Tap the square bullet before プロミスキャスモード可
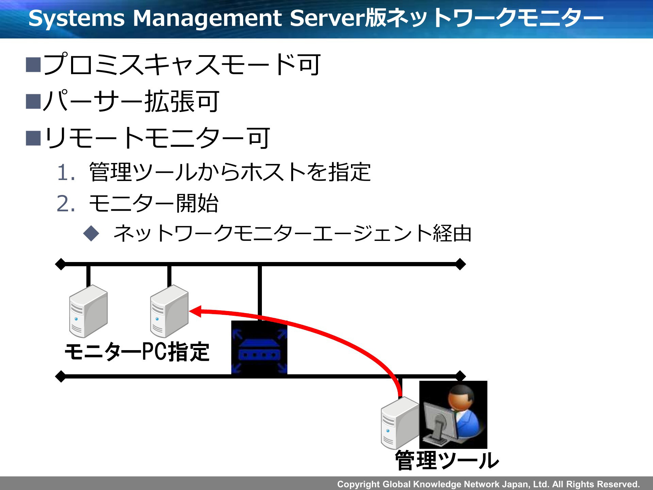coord(33,65)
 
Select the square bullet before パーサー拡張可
coord(33,101)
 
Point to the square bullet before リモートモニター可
coord(33,138)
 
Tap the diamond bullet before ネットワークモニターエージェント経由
coord(91,234)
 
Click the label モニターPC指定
coord(137,352)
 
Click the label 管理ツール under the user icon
coord(447,460)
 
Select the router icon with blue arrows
coord(259,347)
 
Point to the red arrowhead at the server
coord(195,311)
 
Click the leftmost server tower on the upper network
coord(88,311)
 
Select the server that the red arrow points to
coord(169,311)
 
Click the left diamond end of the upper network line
coord(61,264)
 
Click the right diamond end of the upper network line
coord(460,264)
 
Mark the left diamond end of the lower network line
coord(61,376)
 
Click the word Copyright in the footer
coord(358,484)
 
